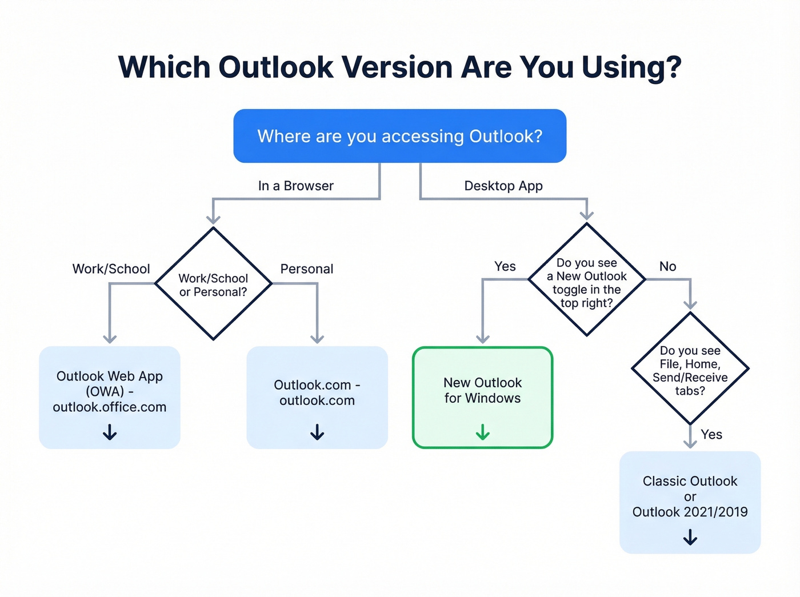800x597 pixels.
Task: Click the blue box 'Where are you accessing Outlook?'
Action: tap(399, 136)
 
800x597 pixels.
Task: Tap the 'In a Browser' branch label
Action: tap(295, 186)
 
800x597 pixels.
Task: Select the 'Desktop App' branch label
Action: tap(503, 186)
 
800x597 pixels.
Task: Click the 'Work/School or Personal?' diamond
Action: tap(213, 285)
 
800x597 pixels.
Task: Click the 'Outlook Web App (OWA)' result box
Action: tap(110, 391)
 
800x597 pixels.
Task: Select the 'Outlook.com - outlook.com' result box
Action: tap(317, 392)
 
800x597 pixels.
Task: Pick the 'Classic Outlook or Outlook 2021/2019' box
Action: tap(690, 496)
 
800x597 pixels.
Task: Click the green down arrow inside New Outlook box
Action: tap(483, 432)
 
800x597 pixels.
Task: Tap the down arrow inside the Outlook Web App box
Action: tap(110, 432)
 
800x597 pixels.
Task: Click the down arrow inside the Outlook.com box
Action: tap(317, 432)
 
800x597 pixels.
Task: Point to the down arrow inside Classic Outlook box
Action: tap(690, 537)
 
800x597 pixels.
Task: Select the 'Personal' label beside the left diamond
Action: tap(306, 269)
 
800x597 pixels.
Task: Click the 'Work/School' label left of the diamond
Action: tap(111, 269)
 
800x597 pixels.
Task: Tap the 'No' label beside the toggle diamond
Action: tap(667, 266)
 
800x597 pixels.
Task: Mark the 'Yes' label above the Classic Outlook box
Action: tap(711, 434)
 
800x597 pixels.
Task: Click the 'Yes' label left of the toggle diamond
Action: tap(505, 266)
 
